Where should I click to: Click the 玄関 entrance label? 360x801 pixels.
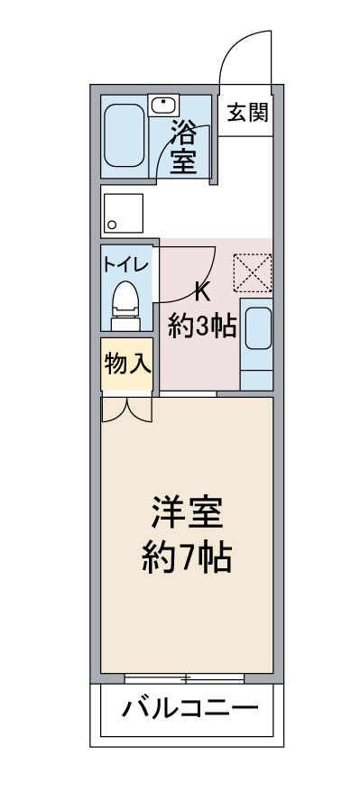coord(247,112)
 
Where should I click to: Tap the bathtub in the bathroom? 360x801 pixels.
coord(125,135)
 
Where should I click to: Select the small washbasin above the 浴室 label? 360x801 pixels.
coord(163,105)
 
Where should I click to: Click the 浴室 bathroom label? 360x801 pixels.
coord(183,147)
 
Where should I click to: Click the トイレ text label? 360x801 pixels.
coord(125,265)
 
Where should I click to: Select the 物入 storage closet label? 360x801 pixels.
coord(127,364)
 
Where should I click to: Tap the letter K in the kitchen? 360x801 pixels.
coord(202,294)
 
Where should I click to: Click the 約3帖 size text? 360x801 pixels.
coord(202,327)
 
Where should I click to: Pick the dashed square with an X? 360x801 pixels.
coord(253,273)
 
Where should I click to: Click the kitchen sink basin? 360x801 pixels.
coord(258,328)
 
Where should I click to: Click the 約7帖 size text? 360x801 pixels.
coord(187,557)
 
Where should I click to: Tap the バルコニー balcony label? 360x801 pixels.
coord(190,708)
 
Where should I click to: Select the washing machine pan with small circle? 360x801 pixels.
coord(124,213)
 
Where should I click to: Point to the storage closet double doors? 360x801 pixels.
coord(126,410)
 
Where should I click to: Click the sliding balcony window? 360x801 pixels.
coord(185,678)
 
